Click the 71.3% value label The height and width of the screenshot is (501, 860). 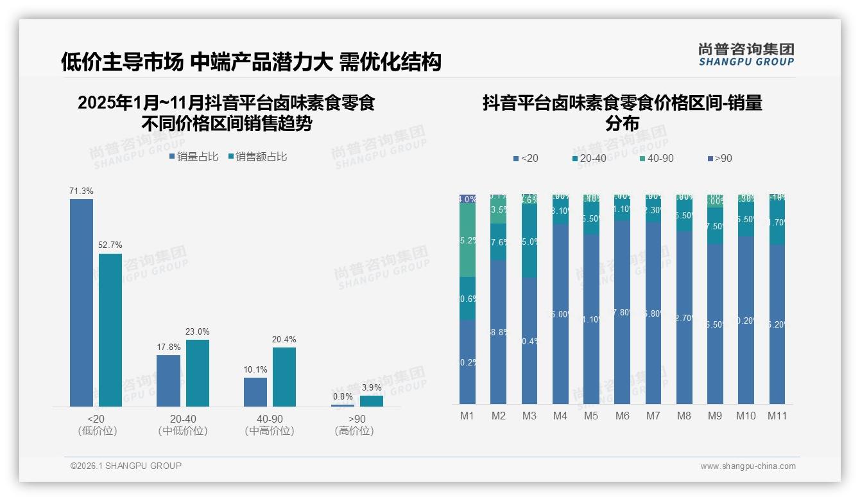[82, 191]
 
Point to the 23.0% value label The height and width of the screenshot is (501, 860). [197, 331]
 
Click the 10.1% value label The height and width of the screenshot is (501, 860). [255, 369]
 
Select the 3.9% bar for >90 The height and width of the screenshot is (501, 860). [371, 401]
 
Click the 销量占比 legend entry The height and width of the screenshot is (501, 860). [194, 156]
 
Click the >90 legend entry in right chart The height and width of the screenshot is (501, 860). [719, 158]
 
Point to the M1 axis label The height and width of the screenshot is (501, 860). [467, 416]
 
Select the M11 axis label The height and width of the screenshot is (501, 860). [777, 416]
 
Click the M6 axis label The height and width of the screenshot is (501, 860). [622, 416]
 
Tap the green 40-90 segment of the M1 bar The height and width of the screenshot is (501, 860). [467, 240]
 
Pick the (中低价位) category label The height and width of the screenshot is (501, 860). [183, 431]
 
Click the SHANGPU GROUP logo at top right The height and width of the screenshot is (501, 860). [746, 55]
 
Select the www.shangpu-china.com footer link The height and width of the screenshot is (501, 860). [748, 466]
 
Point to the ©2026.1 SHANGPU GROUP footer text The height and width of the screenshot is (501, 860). [126, 466]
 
